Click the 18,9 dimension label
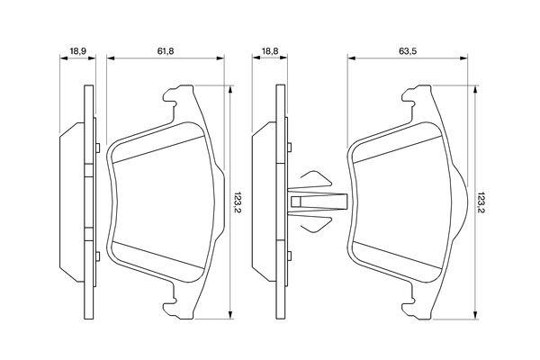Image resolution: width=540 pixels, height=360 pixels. [x=77, y=51]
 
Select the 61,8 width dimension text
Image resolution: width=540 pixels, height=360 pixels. [x=166, y=51]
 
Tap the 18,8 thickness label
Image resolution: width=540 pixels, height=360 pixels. [x=270, y=51]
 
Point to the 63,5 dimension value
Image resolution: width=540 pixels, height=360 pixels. [x=408, y=51]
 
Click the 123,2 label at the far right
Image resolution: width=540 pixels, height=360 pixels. [x=481, y=202]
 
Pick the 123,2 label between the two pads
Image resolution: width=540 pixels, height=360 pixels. [x=238, y=202]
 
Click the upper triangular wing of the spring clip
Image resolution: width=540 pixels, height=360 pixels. [x=316, y=179]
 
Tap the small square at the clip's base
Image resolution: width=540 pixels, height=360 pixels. [x=296, y=202]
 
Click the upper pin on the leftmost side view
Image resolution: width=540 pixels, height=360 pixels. [x=98, y=148]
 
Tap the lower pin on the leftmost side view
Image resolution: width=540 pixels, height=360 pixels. [x=98, y=256]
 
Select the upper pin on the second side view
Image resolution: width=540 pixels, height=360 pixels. [x=289, y=148]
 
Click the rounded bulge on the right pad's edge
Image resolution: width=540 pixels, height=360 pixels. [x=462, y=202]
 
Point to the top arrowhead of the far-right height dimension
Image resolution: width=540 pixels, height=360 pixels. [x=475, y=89]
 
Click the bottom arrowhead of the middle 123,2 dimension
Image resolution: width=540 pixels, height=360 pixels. [x=230, y=315]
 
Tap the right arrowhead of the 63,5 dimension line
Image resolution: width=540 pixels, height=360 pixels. [x=463, y=58]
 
